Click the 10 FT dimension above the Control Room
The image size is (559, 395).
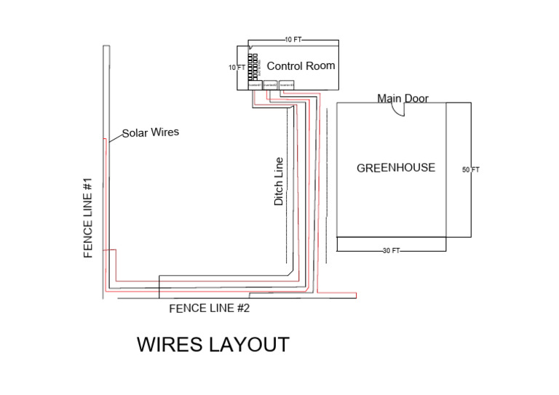(293, 39)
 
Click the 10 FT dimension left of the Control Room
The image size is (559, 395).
(236, 68)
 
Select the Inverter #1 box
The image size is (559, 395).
(254, 84)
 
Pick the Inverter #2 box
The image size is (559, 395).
(270, 84)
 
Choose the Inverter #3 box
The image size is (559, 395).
(287, 84)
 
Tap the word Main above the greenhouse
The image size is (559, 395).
(389, 98)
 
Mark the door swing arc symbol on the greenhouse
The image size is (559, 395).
(397, 109)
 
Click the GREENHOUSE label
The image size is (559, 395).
(395, 168)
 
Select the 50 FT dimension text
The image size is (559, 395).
(470, 170)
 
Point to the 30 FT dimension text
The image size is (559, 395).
(391, 251)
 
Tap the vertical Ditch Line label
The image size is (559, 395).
(279, 181)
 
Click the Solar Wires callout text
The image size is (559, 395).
(150, 133)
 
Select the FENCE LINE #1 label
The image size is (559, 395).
(89, 218)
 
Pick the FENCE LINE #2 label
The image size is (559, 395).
(209, 308)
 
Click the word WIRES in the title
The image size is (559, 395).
(172, 344)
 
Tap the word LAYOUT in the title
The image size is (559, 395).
(250, 344)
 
